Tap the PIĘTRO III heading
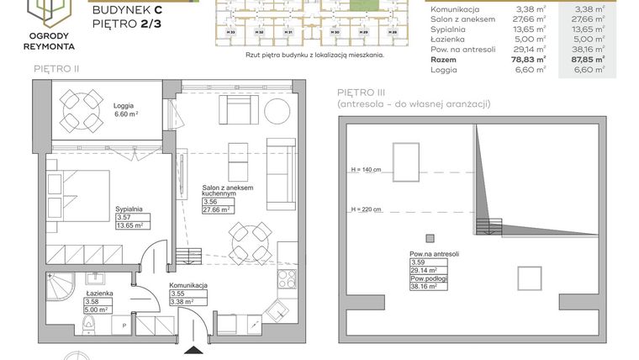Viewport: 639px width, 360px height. (x=361, y=92)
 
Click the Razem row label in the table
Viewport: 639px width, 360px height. (x=444, y=60)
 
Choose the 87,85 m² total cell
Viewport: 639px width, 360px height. (x=587, y=60)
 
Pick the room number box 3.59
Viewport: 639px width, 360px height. (x=417, y=262)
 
